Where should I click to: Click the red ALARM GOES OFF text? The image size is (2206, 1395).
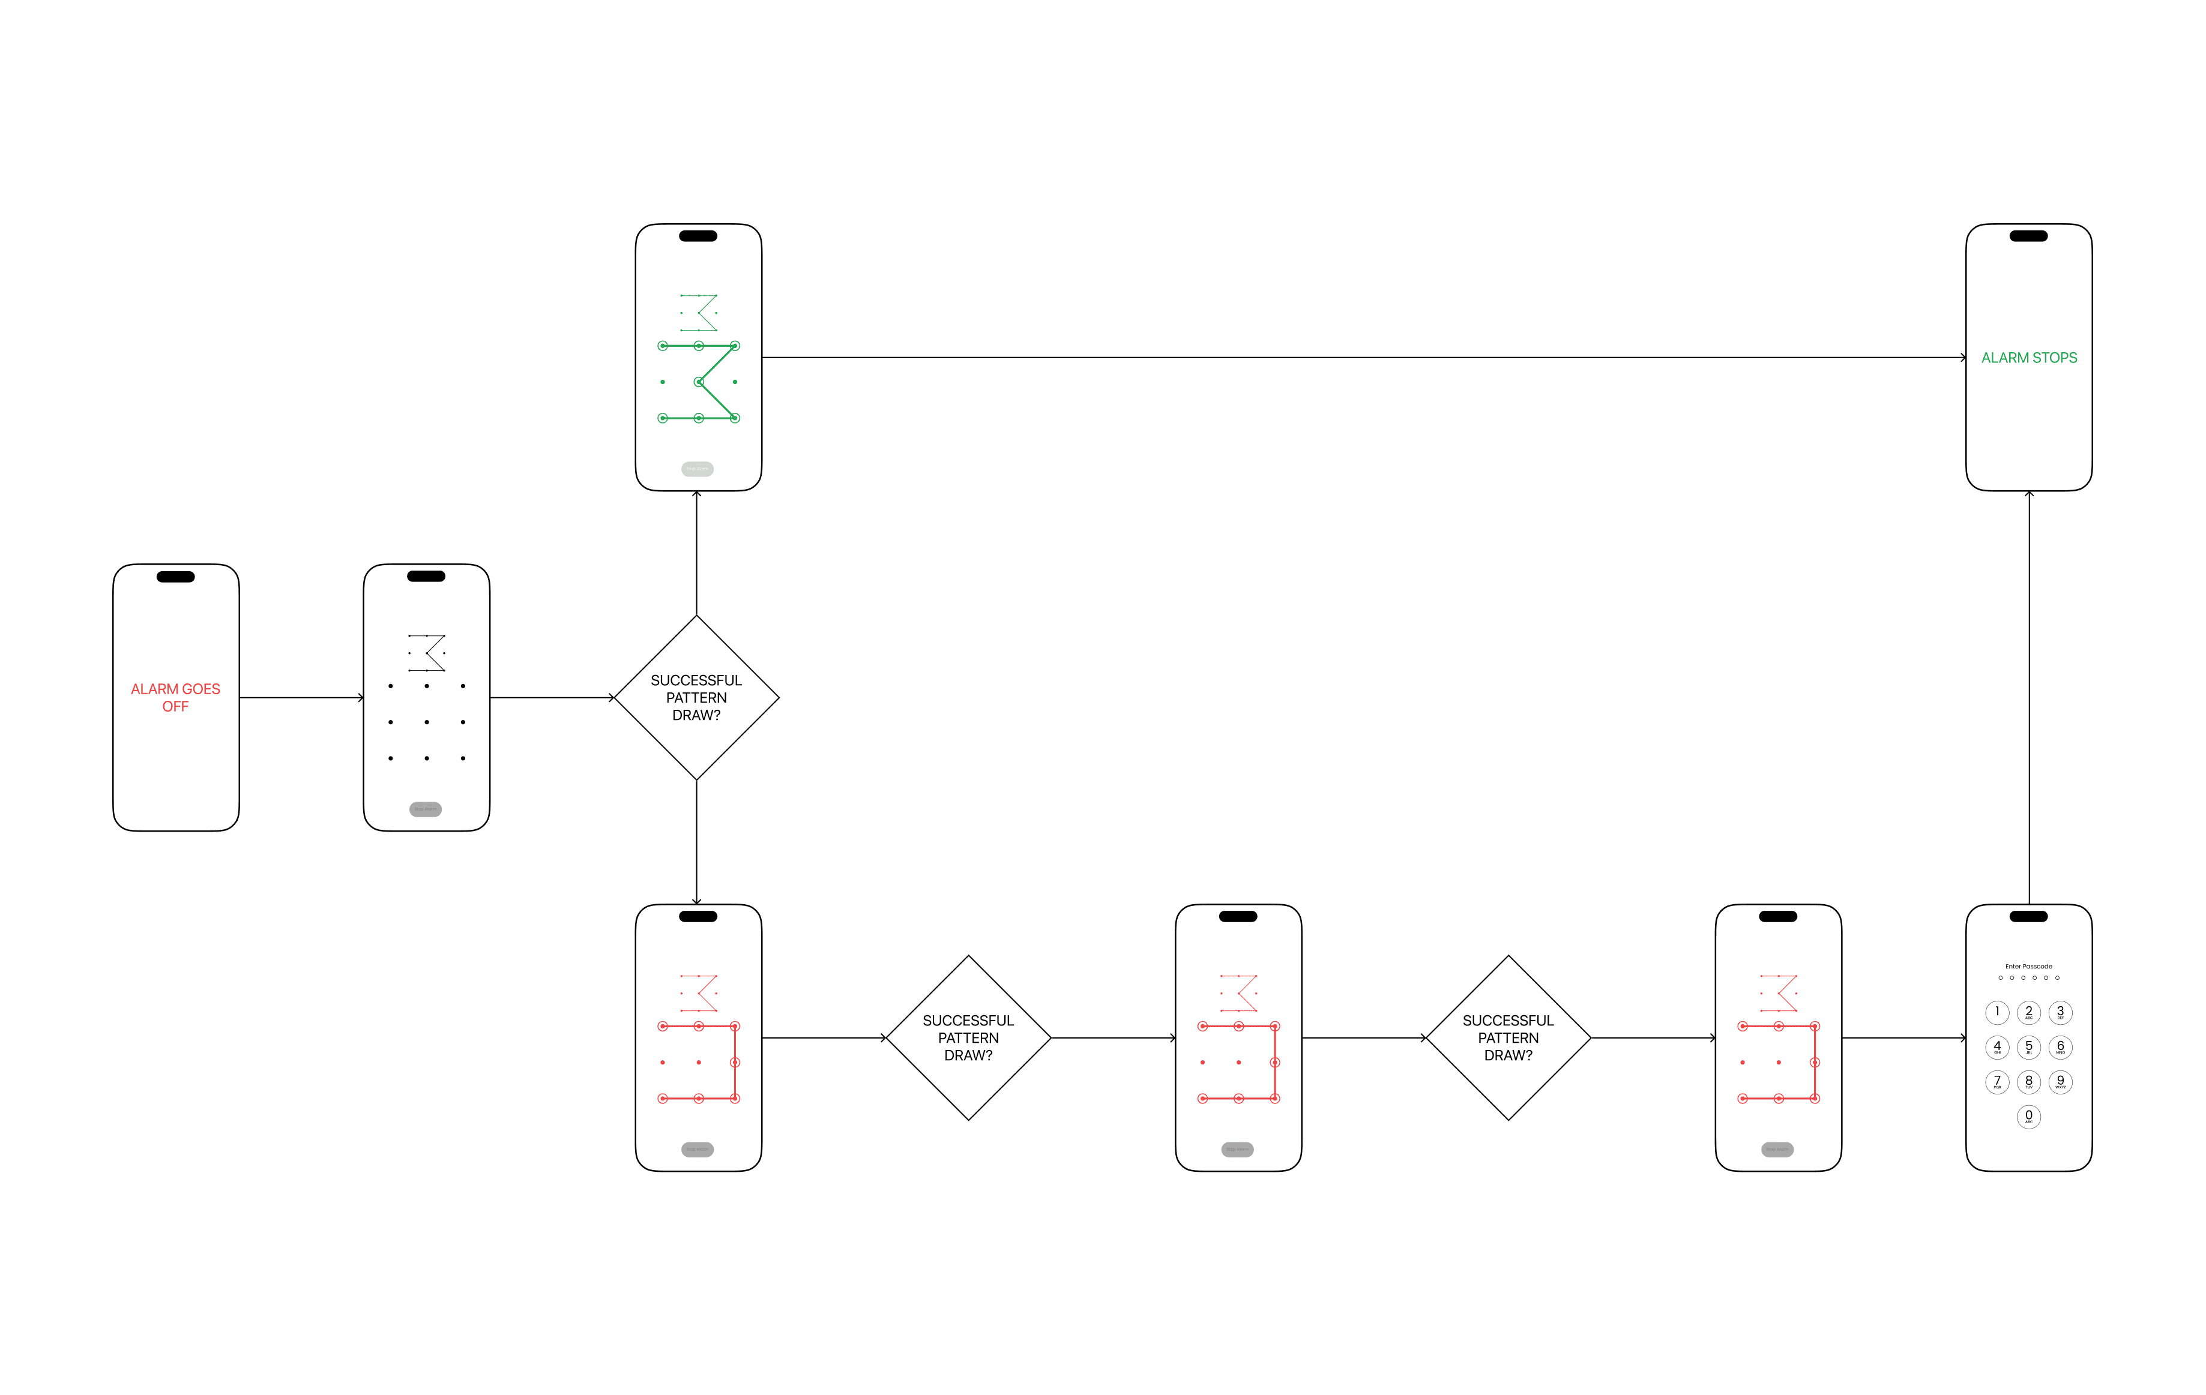[x=175, y=697]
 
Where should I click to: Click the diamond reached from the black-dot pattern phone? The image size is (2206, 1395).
[x=696, y=697]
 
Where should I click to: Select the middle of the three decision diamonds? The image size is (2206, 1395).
[x=968, y=1038]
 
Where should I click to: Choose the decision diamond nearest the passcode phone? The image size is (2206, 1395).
[x=1508, y=1038]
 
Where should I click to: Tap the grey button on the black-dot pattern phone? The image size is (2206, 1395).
[x=425, y=809]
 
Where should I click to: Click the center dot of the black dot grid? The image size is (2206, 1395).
[x=427, y=722]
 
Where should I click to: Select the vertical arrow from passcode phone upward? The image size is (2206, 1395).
[x=2028, y=696]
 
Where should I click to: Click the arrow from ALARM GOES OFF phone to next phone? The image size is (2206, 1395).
[x=301, y=698]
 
